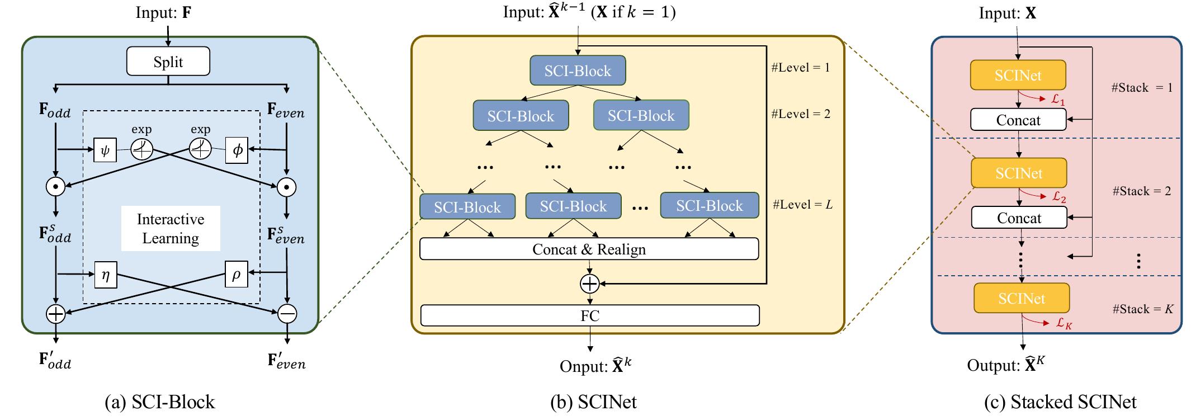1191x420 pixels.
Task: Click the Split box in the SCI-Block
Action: (168, 62)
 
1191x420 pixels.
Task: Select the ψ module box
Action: (105, 150)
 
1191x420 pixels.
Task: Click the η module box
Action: (105, 275)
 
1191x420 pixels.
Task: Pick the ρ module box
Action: (237, 274)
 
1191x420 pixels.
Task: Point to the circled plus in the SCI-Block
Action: (55, 314)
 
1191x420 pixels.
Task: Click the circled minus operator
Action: (287, 314)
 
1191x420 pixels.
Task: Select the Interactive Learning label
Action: (171, 228)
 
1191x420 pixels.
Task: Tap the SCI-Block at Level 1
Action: (578, 70)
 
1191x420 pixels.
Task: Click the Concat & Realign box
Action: (589, 249)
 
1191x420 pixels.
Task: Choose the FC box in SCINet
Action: (589, 315)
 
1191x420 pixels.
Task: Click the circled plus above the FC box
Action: (589, 284)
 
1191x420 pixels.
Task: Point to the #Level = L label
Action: (802, 205)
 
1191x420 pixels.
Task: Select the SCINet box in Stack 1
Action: (1018, 75)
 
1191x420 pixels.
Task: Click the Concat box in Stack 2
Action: (1019, 218)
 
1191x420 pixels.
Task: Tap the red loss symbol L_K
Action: (1064, 323)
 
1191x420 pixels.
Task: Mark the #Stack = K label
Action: (1142, 309)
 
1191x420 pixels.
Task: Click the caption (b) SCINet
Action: (593, 402)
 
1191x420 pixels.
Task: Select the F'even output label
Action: (287, 361)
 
